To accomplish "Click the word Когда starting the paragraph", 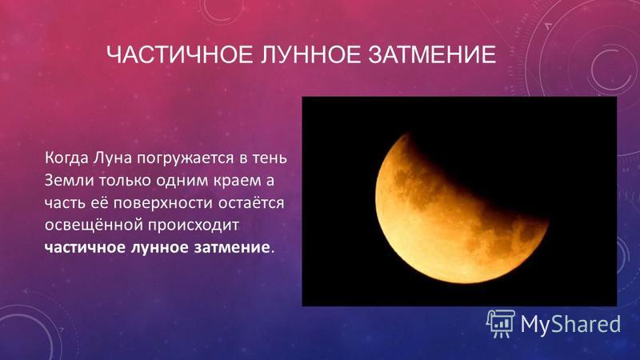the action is pyautogui.click(x=66, y=158).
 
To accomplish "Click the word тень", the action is pyautogui.click(x=270, y=158).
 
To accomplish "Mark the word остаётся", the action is pyautogui.click(x=251, y=203).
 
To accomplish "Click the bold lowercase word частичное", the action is pyautogui.click(x=85, y=248).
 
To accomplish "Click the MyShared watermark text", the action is pyautogui.click(x=570, y=324).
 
